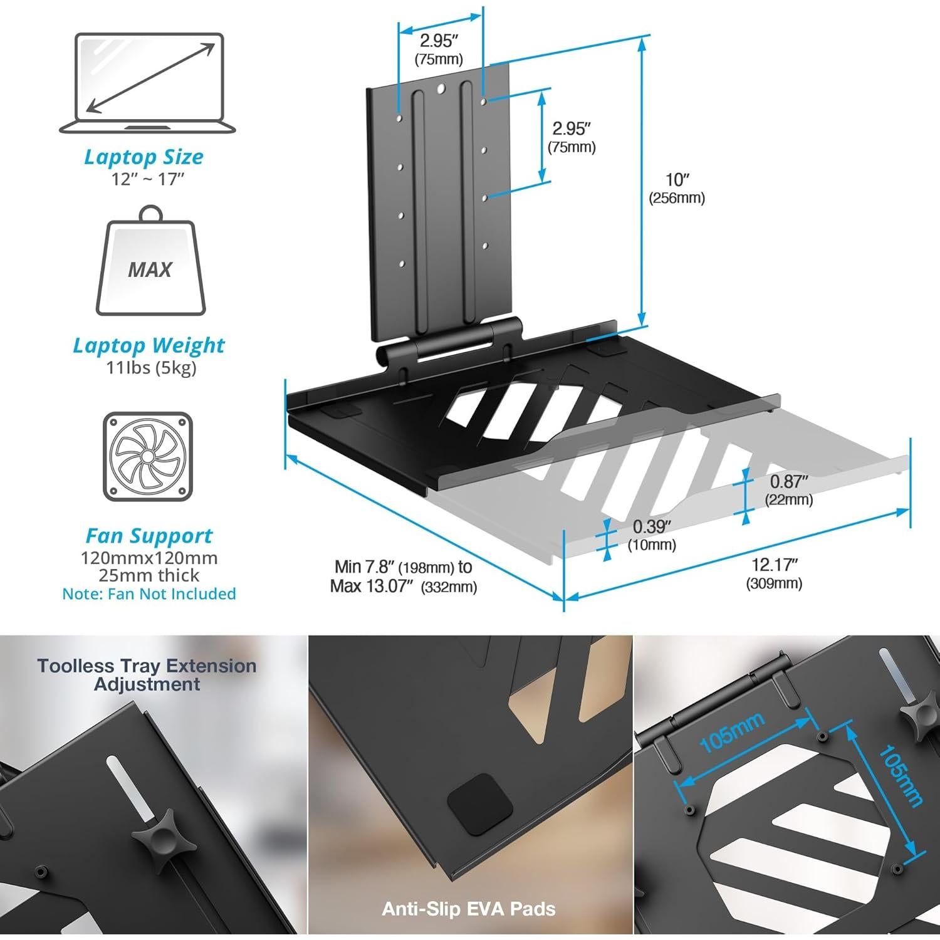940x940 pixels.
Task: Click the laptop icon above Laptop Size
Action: (x=148, y=83)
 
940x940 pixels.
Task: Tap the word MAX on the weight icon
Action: (x=150, y=270)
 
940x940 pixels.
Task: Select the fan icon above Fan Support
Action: (x=148, y=456)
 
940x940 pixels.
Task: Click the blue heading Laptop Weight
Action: (x=149, y=345)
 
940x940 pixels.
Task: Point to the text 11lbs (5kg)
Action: (x=151, y=367)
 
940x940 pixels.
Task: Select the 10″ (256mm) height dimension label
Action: (x=677, y=189)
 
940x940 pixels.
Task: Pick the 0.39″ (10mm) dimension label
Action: (x=652, y=535)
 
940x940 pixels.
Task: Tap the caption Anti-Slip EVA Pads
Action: (x=469, y=909)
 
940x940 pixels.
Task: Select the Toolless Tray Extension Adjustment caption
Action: (x=147, y=675)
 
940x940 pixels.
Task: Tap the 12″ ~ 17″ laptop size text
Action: (x=148, y=179)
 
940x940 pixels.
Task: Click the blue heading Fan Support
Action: (x=149, y=536)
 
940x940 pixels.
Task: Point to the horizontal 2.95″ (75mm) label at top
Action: (x=439, y=49)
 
